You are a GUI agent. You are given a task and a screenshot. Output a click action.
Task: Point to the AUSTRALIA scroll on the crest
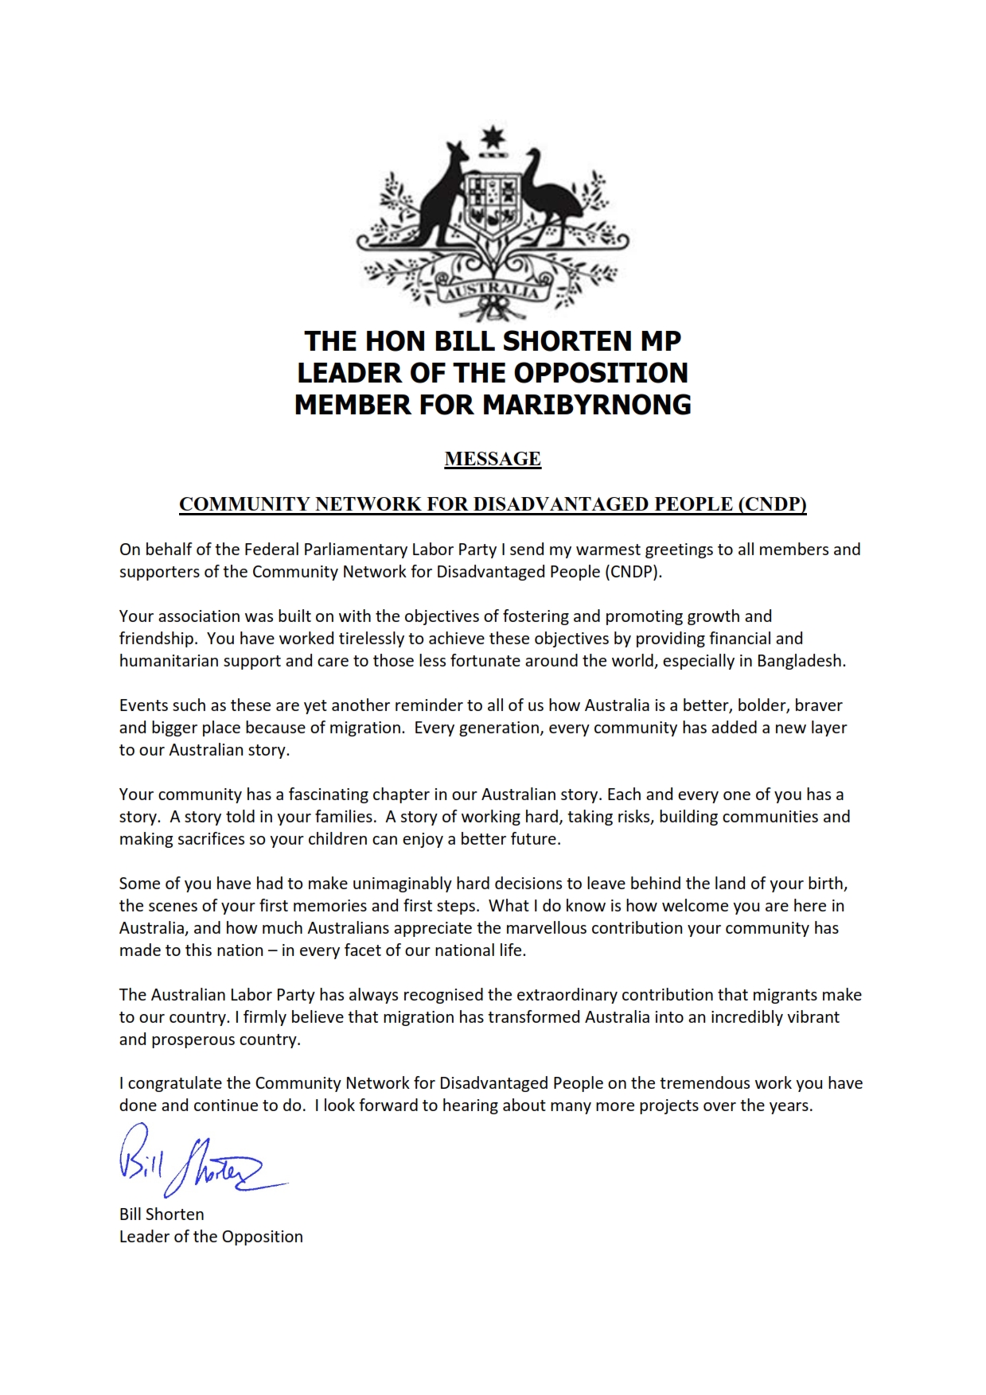tap(492, 290)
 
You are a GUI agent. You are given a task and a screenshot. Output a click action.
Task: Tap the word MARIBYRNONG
tap(587, 405)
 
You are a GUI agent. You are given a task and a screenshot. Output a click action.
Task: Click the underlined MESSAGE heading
tap(493, 459)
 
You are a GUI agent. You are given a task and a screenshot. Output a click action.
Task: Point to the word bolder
tap(763, 705)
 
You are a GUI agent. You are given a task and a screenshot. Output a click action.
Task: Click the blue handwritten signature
tap(199, 1161)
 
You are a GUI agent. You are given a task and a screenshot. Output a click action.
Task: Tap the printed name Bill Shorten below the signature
tap(162, 1214)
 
